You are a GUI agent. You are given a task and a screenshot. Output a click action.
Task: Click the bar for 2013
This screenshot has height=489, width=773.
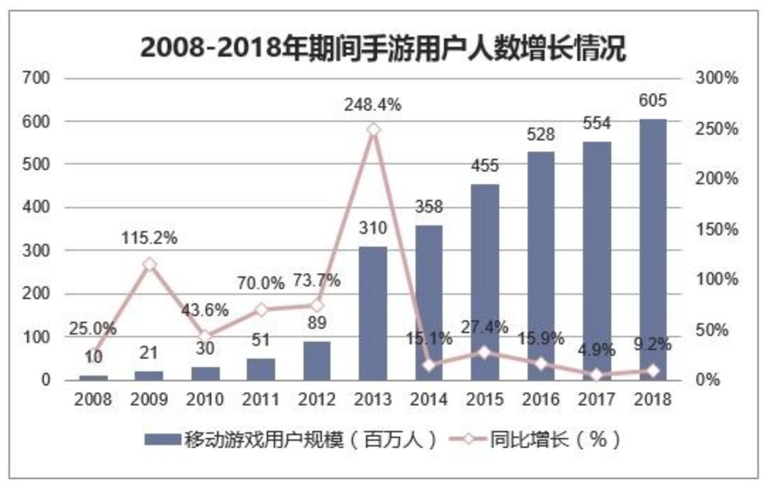point(373,313)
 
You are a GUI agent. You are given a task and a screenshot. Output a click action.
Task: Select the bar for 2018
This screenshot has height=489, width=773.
point(652,249)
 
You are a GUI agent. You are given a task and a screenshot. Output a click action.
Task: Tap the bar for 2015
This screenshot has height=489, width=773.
point(484,282)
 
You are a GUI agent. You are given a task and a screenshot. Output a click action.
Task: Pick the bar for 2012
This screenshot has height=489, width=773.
point(317,361)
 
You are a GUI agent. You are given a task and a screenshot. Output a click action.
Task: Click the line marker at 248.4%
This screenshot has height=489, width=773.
point(374,130)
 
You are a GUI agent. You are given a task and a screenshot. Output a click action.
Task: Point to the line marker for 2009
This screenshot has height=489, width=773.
point(149,264)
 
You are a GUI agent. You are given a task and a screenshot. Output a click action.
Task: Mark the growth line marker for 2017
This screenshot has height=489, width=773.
point(596,375)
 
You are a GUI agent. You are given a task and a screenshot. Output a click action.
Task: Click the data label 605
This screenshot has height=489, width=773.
point(652,100)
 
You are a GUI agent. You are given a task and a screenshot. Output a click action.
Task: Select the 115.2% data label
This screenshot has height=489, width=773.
point(149,238)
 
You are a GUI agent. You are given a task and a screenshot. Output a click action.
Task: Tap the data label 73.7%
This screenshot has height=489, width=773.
point(317,281)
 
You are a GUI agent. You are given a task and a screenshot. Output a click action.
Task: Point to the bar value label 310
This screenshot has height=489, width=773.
point(373,228)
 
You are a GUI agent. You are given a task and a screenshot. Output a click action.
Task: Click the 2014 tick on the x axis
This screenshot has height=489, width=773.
point(429,400)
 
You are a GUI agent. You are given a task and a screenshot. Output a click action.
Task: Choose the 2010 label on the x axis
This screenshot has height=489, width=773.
point(205,400)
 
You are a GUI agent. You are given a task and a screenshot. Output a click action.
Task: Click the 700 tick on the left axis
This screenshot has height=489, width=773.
point(37,78)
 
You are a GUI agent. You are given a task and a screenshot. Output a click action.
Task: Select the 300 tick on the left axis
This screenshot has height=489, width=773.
point(37,251)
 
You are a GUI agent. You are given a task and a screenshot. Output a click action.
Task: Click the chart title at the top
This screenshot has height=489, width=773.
point(383,48)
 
